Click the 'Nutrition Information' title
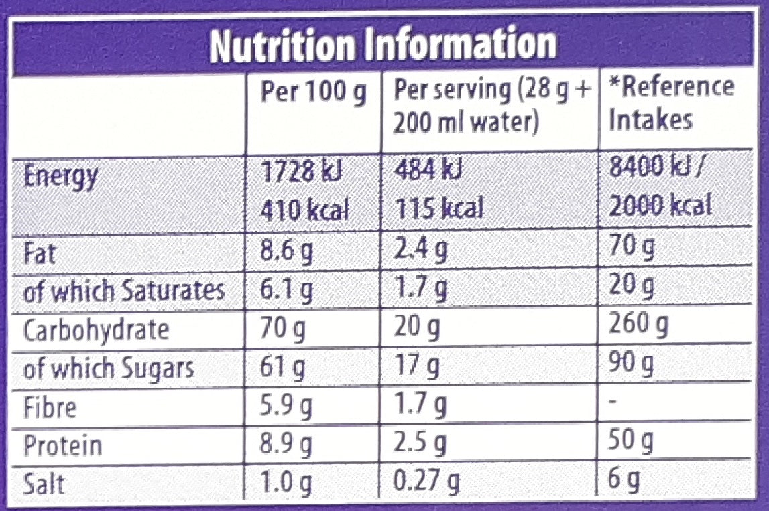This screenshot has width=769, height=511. tap(383, 46)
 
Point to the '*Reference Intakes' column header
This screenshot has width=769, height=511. tap(671, 103)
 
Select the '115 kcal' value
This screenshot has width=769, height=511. tap(438, 209)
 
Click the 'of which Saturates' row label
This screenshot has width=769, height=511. tap(123, 291)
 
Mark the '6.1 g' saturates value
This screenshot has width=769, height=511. tap(285, 291)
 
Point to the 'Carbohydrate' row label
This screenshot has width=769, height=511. tap(96, 330)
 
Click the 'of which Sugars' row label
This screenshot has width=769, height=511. tap(109, 368)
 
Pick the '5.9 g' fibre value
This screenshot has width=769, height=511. tap(286, 407)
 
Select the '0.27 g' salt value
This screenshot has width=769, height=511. tap(426, 482)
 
